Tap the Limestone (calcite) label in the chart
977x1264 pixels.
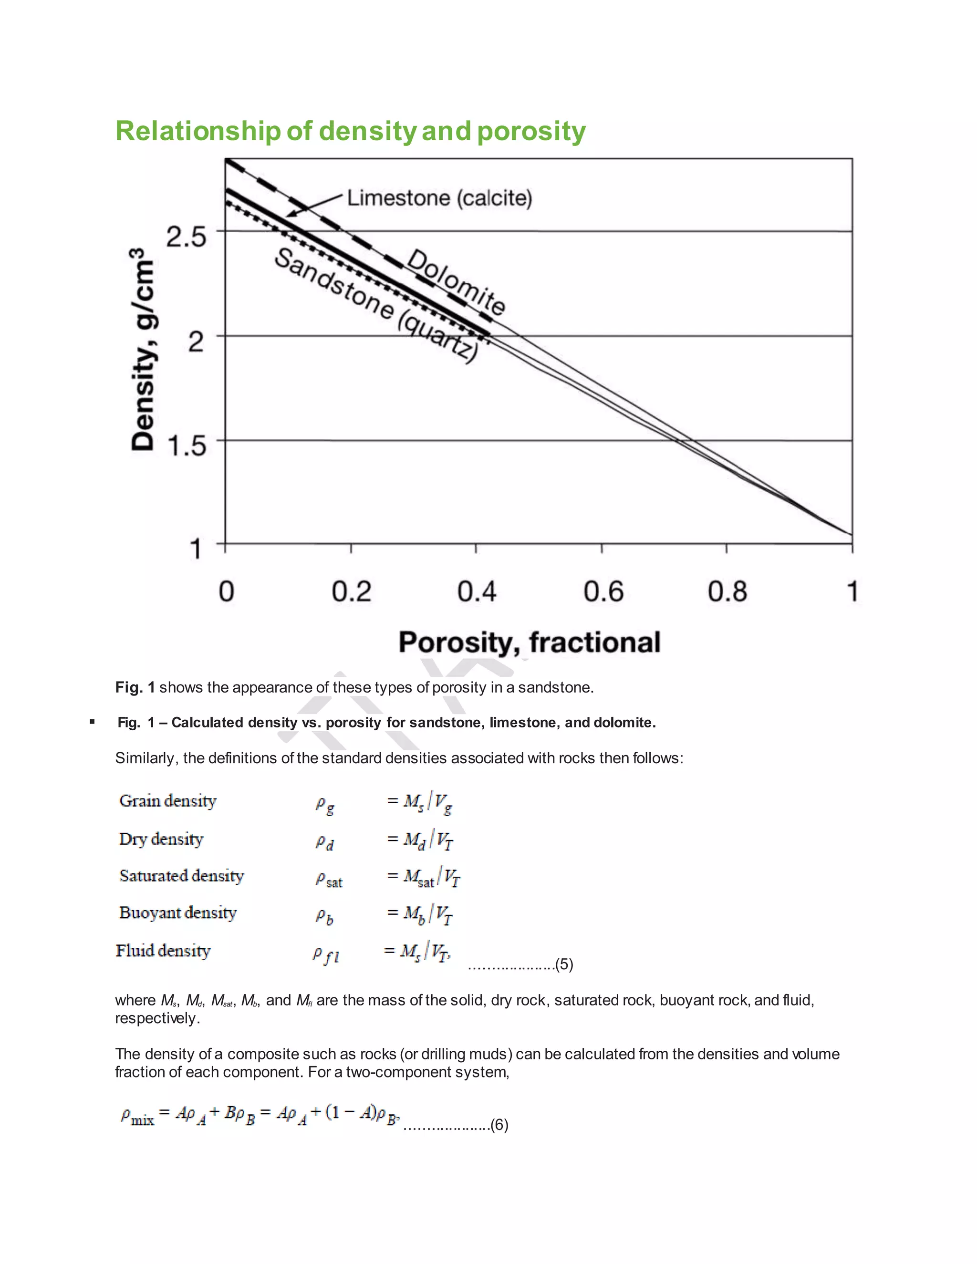[439, 198]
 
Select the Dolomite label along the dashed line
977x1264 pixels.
[456, 281]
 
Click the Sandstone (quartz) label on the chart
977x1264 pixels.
[376, 304]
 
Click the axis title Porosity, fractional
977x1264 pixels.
[529, 642]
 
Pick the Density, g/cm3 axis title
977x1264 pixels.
[143, 350]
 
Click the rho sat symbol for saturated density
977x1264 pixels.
[329, 880]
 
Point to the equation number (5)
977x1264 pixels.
[564, 964]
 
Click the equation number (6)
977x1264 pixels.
[499, 1125]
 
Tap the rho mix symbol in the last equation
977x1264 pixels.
[137, 1116]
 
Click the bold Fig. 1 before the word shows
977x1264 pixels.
[135, 687]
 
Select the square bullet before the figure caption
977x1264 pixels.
[92, 722]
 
